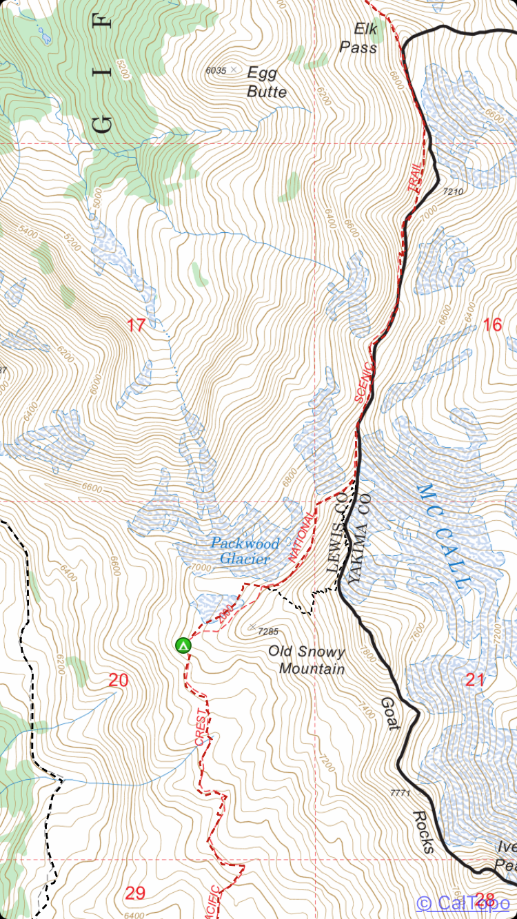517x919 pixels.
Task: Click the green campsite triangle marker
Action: click(183, 646)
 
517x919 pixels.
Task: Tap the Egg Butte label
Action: click(266, 82)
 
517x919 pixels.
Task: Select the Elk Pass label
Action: click(358, 38)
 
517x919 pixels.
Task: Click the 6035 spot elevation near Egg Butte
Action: click(216, 70)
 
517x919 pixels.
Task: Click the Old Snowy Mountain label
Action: click(306, 659)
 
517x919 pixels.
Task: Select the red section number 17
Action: click(136, 325)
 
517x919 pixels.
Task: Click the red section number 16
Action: click(492, 324)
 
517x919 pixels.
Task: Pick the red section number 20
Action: click(119, 681)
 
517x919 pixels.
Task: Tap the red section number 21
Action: click(475, 681)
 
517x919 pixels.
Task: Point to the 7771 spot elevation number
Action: click(400, 793)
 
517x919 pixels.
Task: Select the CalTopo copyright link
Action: click(463, 902)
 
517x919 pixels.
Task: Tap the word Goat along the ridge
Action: click(389, 713)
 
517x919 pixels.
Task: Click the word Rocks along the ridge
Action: click(423, 832)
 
